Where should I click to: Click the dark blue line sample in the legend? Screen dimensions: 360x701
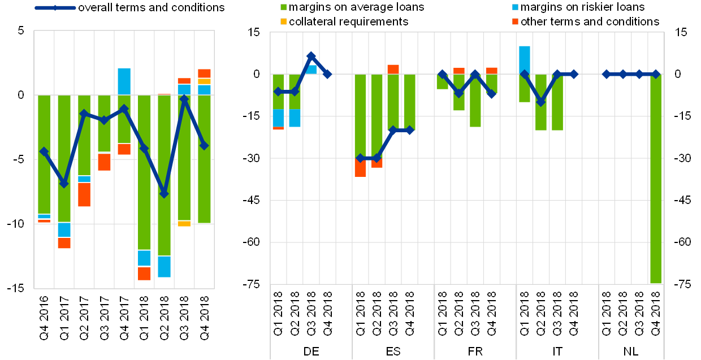pyautogui.click(x=55, y=8)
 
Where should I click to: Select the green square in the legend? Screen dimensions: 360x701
pyautogui.click(x=283, y=7)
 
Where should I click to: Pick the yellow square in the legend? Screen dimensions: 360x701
pyautogui.click(x=283, y=21)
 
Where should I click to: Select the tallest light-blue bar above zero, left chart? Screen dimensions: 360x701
pyautogui.click(x=124, y=81)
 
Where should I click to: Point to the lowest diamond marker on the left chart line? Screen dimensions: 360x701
pyautogui.click(x=164, y=193)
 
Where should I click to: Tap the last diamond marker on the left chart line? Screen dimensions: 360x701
pyautogui.click(x=204, y=145)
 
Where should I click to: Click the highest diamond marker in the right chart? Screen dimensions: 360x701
pyautogui.click(x=311, y=56)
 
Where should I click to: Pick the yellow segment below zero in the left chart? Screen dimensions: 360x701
pyautogui.click(x=184, y=223)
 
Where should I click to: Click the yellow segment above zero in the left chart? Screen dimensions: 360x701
pyautogui.click(x=204, y=81)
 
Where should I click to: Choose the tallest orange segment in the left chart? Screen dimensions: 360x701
pyautogui.click(x=84, y=194)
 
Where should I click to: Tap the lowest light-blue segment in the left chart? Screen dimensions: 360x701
pyautogui.click(x=164, y=266)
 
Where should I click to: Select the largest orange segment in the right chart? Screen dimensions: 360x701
pyautogui.click(x=360, y=167)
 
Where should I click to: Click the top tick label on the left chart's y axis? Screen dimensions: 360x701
pyautogui.click(x=21, y=31)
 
